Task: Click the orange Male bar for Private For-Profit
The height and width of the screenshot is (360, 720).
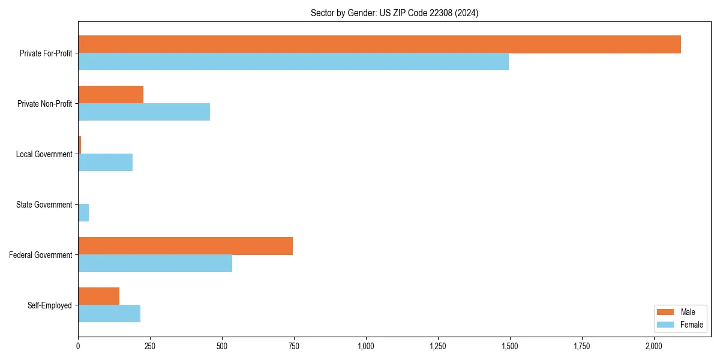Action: point(379,44)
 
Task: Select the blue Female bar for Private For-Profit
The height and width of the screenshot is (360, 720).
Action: point(293,62)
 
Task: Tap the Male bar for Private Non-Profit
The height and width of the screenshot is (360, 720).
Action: point(110,95)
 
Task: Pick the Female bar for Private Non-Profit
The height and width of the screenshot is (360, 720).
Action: point(144,112)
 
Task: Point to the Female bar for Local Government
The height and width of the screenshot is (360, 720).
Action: point(105,163)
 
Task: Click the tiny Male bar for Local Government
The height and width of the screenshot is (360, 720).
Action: point(80,145)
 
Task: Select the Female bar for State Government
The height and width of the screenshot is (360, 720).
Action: point(83,213)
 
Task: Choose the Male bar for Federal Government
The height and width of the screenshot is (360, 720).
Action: point(185,246)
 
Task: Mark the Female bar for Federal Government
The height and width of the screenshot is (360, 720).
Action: point(155,263)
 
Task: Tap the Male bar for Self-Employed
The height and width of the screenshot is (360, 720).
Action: point(98,296)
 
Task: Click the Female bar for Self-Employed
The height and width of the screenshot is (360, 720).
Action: point(109,314)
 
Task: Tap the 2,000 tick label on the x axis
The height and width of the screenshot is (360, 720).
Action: point(653,346)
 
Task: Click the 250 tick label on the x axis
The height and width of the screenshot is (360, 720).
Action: point(150,346)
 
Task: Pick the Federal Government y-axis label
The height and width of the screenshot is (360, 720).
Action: point(40,255)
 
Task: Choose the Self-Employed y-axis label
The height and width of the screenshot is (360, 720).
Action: point(50,305)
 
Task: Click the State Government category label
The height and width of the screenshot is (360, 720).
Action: point(44,205)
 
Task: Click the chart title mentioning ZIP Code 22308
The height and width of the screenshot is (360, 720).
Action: point(394,13)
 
